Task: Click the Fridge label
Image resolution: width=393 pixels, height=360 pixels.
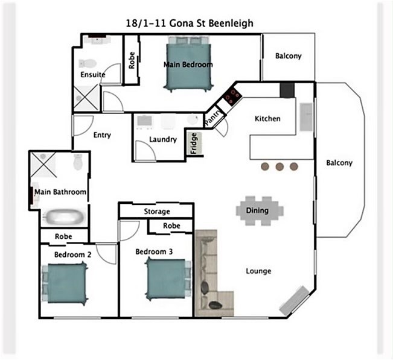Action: pyautogui.click(x=194, y=144)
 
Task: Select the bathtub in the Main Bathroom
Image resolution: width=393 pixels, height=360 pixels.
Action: pyautogui.click(x=63, y=217)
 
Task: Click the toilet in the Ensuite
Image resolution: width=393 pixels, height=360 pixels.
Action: pyautogui.click(x=88, y=63)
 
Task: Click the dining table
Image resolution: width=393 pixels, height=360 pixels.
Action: pyautogui.click(x=260, y=210)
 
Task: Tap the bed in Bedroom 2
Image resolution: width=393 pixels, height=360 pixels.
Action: pyautogui.click(x=65, y=283)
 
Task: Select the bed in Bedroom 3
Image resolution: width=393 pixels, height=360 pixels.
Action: pyautogui.click(x=168, y=279)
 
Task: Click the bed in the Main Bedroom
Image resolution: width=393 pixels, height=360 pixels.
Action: pyautogui.click(x=188, y=65)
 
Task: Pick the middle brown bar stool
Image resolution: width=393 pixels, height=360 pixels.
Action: pyautogui.click(x=280, y=166)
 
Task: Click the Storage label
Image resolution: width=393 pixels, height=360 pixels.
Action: pyautogui.click(x=157, y=212)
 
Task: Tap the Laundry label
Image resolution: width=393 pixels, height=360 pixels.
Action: pyautogui.click(x=163, y=139)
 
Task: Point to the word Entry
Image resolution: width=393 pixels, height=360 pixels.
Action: pyautogui.click(x=102, y=135)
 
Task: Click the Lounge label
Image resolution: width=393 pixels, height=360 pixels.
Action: pyautogui.click(x=258, y=271)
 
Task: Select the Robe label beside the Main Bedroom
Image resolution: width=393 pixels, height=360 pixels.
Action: pyautogui.click(x=132, y=60)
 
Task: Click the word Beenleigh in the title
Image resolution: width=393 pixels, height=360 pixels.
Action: pyautogui.click(x=231, y=24)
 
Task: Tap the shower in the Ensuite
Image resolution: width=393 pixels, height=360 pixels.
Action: pyautogui.click(x=86, y=98)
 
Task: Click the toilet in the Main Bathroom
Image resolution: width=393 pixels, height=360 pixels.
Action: pyautogui.click(x=78, y=162)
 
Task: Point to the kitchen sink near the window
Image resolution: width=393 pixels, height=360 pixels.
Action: pyautogui.click(x=306, y=116)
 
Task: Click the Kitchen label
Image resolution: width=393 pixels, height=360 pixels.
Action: pyautogui.click(x=267, y=118)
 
